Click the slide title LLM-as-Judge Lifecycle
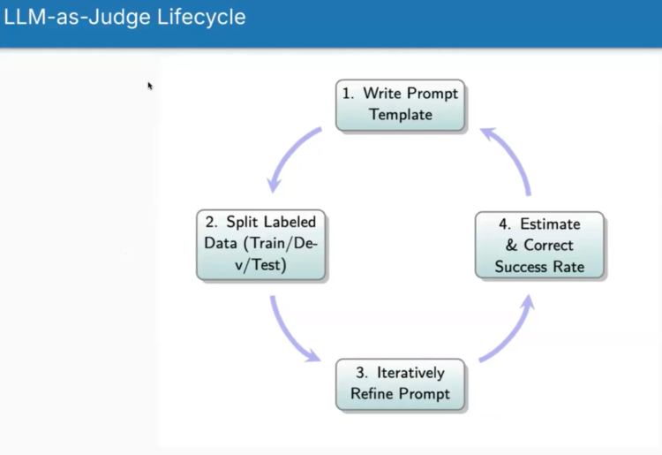pyautogui.click(x=124, y=17)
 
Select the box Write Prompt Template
pyautogui.click(x=401, y=104)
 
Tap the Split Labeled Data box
pyautogui.click(x=261, y=244)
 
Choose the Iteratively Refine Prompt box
pyautogui.click(x=401, y=383)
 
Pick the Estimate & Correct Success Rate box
pyautogui.click(x=539, y=245)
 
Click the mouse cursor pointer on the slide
pyautogui.click(x=150, y=86)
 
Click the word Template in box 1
pyautogui.click(x=401, y=115)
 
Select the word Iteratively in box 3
pyautogui.click(x=410, y=373)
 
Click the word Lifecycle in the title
pyautogui.click(x=199, y=17)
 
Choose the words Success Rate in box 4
pyautogui.click(x=539, y=266)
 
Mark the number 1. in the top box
pyautogui.click(x=348, y=94)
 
